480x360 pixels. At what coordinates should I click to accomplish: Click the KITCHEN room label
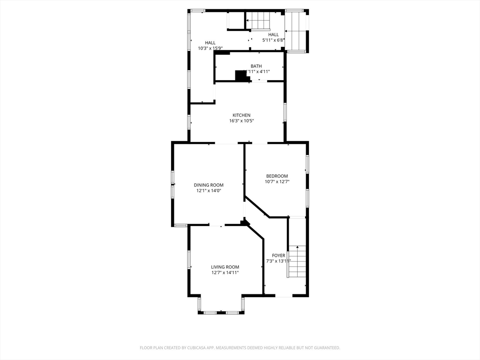pyautogui.click(x=241, y=115)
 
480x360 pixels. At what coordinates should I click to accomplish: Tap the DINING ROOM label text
pyautogui.click(x=209, y=185)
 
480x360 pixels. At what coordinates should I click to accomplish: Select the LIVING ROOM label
pyautogui.click(x=225, y=267)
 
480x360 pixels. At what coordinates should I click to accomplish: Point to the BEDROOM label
pyautogui.click(x=277, y=176)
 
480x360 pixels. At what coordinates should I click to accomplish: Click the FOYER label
pyautogui.click(x=278, y=255)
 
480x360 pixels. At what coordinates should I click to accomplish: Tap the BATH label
pyautogui.click(x=256, y=66)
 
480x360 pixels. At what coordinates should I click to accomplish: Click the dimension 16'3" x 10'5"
pyautogui.click(x=241, y=121)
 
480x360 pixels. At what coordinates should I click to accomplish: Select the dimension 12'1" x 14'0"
pyautogui.click(x=209, y=191)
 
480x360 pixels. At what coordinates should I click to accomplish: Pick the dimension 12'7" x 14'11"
pyautogui.click(x=225, y=273)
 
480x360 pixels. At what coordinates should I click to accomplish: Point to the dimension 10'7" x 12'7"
pyautogui.click(x=277, y=182)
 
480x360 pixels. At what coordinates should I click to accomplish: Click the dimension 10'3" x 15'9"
pyautogui.click(x=210, y=48)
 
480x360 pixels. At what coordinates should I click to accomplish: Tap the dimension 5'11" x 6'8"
pyautogui.click(x=273, y=40)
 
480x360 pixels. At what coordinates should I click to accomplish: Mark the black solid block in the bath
pyautogui.click(x=241, y=75)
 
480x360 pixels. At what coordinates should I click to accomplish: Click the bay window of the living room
pyautogui.click(x=221, y=312)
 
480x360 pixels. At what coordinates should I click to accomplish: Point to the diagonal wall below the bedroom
pyautogui.click(x=256, y=207)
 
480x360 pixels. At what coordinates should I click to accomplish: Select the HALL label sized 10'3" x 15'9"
pyautogui.click(x=210, y=43)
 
